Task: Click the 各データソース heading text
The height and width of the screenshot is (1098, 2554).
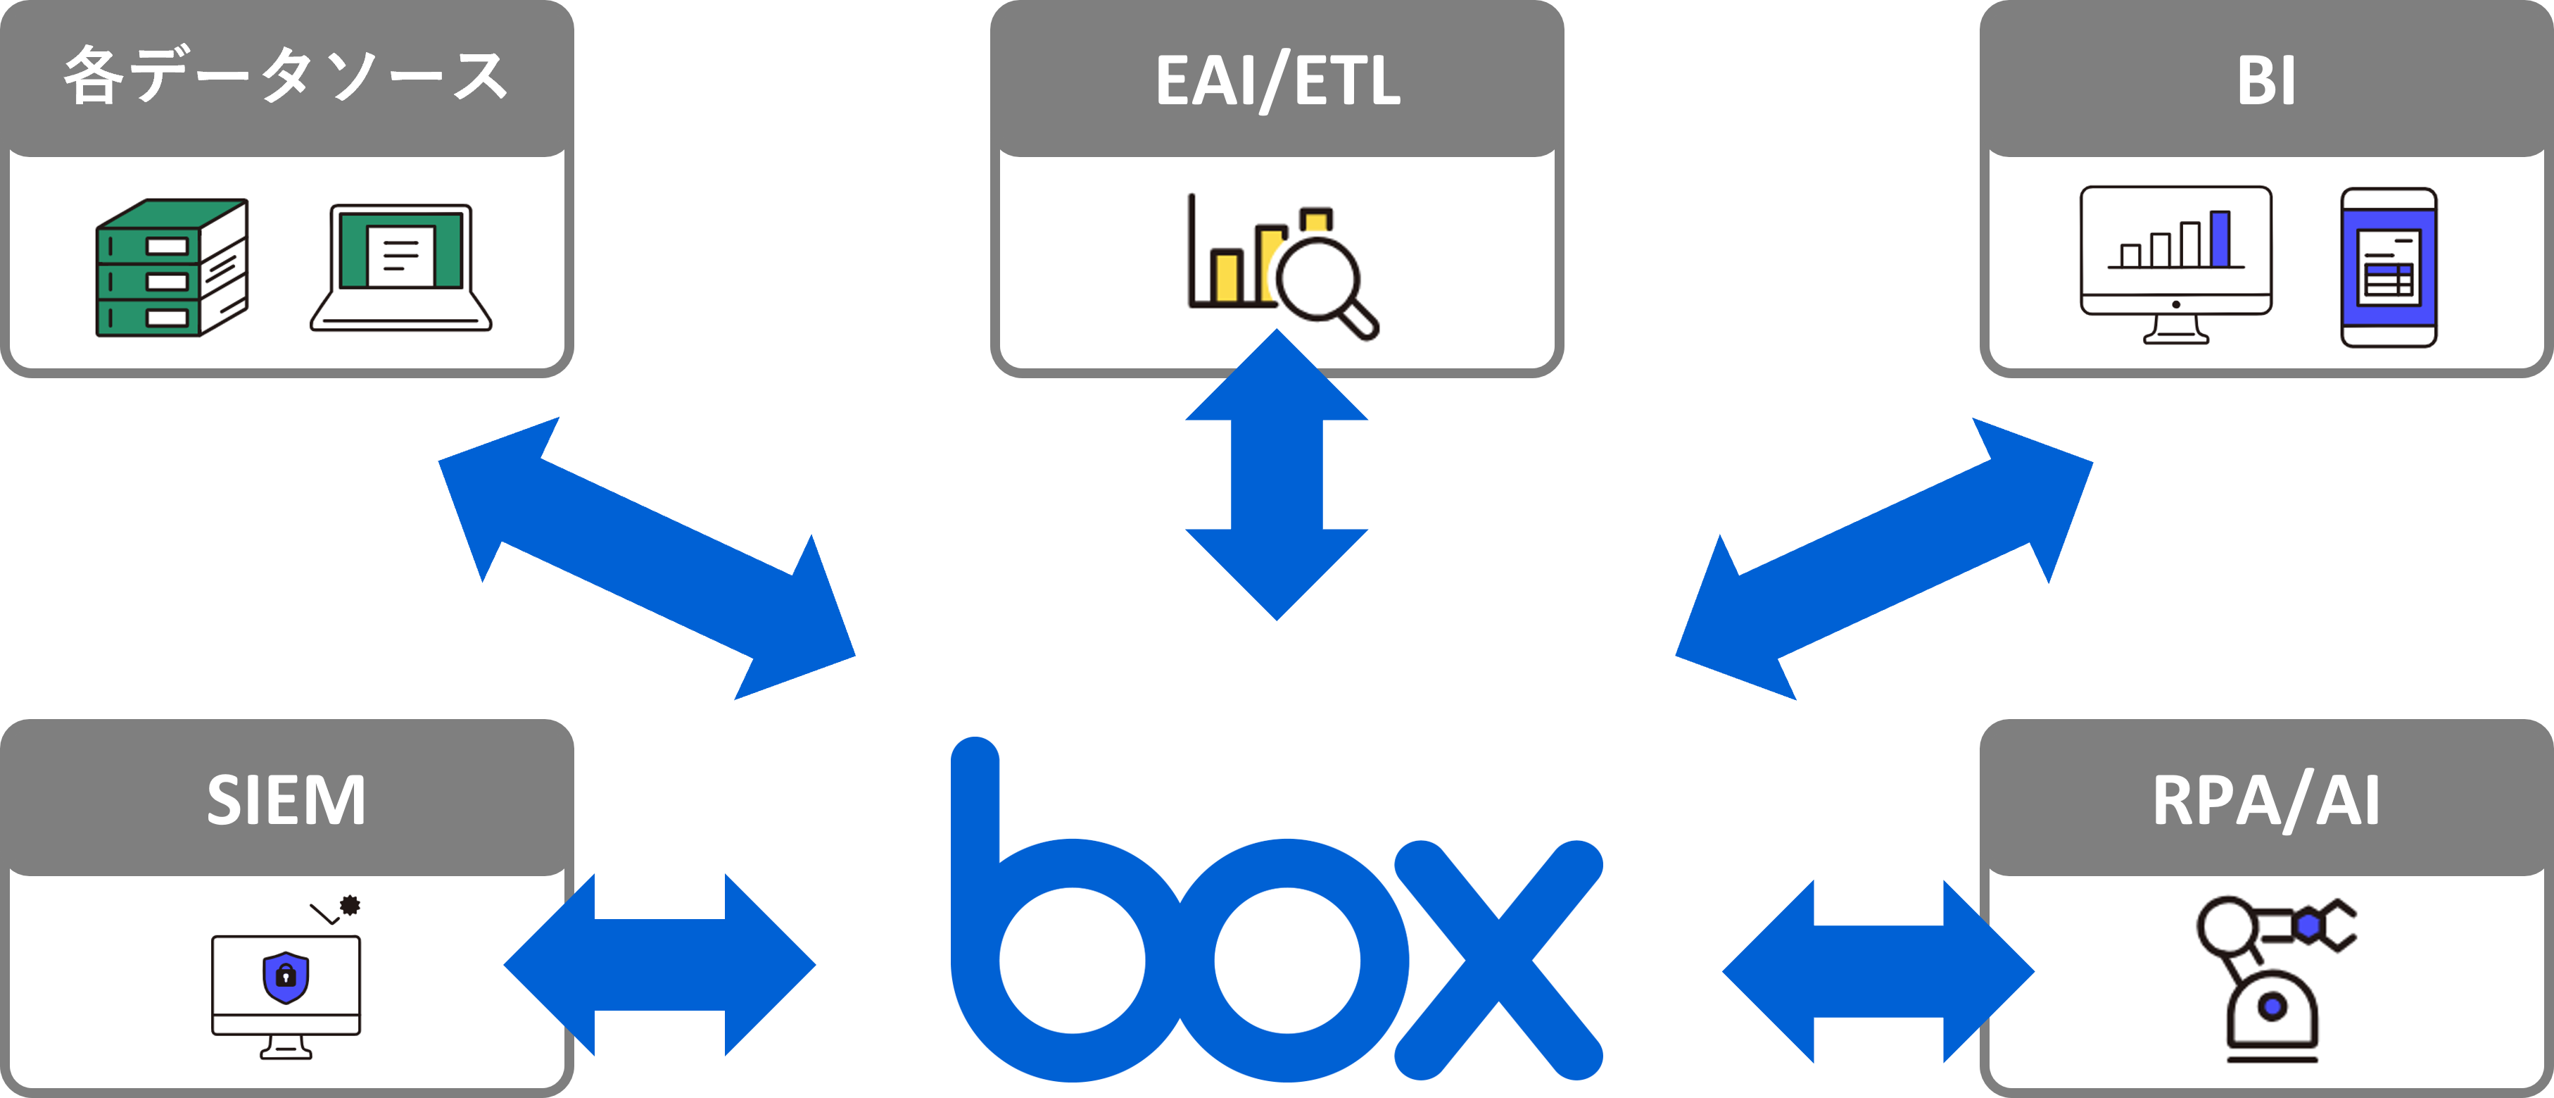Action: pyautogui.click(x=286, y=76)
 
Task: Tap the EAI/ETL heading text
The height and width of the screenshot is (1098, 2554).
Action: pyautogui.click(x=1277, y=80)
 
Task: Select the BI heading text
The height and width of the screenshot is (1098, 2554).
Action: pyautogui.click(x=2266, y=80)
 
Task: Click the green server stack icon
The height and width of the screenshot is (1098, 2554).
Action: pyautogui.click(x=172, y=268)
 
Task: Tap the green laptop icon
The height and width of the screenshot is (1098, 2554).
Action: pyautogui.click(x=400, y=266)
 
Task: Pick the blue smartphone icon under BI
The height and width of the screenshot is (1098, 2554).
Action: pyautogui.click(x=2389, y=267)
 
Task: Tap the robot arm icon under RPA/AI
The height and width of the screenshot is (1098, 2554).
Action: pyautogui.click(x=2270, y=977)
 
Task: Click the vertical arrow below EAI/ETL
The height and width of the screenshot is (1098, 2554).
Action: pyautogui.click(x=1276, y=475)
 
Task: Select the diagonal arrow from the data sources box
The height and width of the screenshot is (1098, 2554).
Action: pyautogui.click(x=647, y=559)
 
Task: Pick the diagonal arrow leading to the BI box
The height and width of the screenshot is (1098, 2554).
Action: pyautogui.click(x=1884, y=559)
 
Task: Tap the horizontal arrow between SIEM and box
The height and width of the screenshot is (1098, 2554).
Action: pyautogui.click(x=659, y=964)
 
